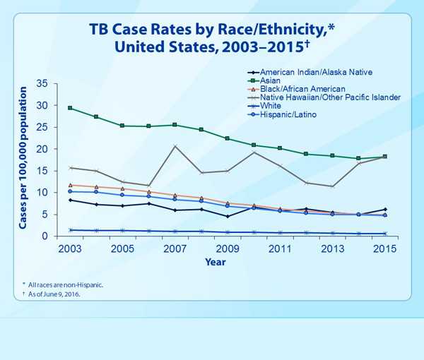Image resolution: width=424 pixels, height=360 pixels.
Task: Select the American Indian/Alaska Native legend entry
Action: click(x=315, y=72)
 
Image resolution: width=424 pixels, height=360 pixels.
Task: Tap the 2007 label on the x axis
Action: click(x=175, y=249)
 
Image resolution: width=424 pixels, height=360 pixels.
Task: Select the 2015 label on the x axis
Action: click(x=384, y=249)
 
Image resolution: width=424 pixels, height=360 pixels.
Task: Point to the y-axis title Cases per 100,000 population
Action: click(x=24, y=160)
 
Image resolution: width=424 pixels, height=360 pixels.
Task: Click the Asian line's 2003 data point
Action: click(x=70, y=108)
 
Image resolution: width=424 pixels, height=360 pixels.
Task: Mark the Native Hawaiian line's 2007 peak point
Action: click(x=175, y=146)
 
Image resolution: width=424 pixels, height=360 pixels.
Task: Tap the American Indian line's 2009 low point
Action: click(x=227, y=216)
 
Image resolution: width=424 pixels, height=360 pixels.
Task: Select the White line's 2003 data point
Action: click(x=70, y=229)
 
